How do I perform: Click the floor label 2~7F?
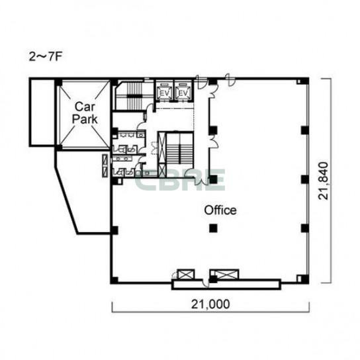[x=46, y=57]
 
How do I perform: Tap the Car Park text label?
[x=85, y=113]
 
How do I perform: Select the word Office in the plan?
[x=220, y=210]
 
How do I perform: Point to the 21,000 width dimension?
[x=210, y=304]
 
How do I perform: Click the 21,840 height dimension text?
[x=323, y=181]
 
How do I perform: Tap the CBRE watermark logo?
[x=180, y=180]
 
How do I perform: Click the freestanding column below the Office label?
[x=213, y=228]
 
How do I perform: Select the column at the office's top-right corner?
[x=304, y=81]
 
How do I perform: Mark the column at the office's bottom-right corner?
[x=305, y=279]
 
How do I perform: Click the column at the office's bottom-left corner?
[x=114, y=280]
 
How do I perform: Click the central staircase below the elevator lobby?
[x=179, y=148]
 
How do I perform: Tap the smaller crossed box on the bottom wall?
[x=186, y=275]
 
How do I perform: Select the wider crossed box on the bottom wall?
[x=225, y=275]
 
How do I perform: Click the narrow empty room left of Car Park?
[x=42, y=112]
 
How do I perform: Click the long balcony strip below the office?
[x=226, y=285]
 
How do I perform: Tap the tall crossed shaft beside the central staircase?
[x=162, y=154]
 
